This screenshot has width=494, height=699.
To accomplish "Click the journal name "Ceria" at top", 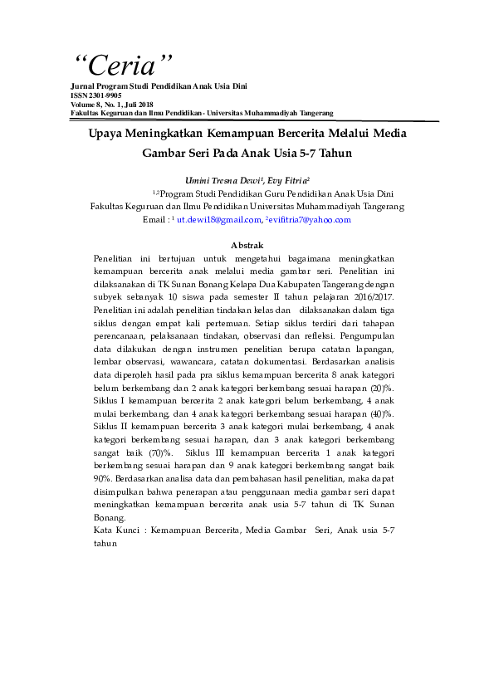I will point(124,65).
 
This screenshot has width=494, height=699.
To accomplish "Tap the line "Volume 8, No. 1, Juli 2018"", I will point(112,105).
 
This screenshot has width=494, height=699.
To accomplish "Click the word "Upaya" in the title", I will point(107,133).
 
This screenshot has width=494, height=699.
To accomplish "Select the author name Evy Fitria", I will point(288,180).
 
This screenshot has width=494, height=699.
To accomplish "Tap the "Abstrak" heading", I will point(247,245).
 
